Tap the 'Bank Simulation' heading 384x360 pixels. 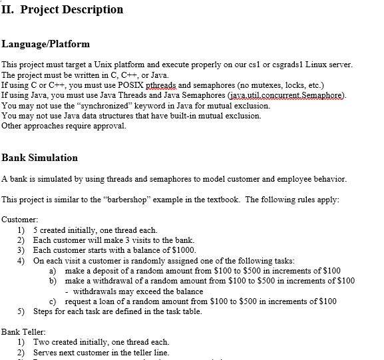point(39,158)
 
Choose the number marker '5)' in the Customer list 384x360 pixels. point(21,311)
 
